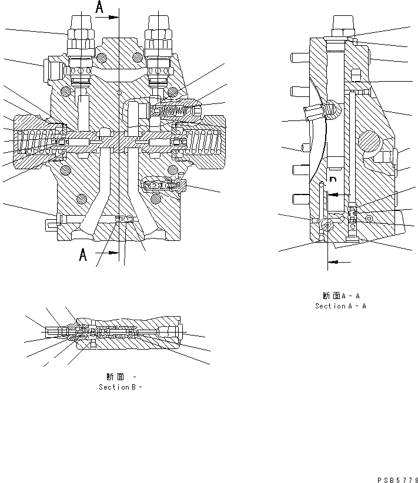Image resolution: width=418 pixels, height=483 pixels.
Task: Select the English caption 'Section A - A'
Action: [340, 306]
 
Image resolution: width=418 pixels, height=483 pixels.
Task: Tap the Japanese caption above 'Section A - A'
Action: [340, 296]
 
